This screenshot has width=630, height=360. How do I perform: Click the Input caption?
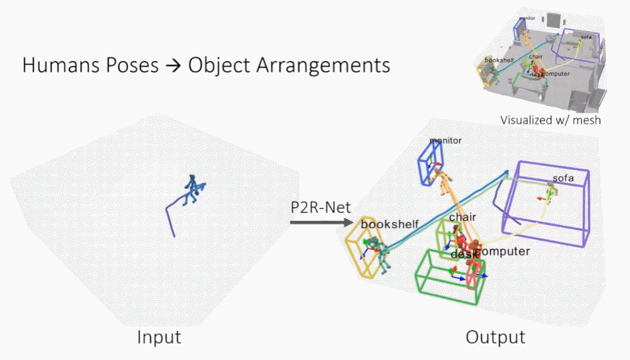(x=159, y=337)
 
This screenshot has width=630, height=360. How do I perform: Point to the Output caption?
(x=495, y=337)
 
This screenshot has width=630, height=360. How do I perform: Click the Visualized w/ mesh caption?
(x=550, y=120)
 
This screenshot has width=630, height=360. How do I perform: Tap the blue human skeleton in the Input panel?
(x=190, y=190)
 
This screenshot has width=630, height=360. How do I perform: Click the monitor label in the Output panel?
(x=445, y=141)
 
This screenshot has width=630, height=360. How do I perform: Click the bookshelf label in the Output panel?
(x=390, y=223)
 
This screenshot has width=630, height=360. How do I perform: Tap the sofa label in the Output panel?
(x=563, y=178)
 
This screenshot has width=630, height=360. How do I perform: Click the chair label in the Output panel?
(x=462, y=218)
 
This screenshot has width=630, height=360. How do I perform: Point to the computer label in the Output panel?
(x=503, y=251)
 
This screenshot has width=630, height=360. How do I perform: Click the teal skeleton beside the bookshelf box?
(x=382, y=257)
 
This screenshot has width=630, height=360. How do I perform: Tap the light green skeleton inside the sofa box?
(x=550, y=191)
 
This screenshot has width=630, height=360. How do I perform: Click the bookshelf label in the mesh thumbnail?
(x=504, y=61)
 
